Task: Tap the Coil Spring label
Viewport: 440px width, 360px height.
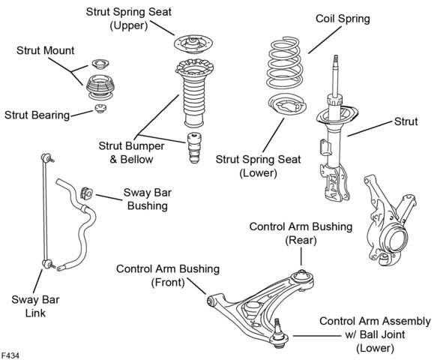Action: (x=343, y=19)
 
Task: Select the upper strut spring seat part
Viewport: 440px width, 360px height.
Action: (x=193, y=44)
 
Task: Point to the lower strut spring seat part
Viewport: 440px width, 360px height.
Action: (x=287, y=104)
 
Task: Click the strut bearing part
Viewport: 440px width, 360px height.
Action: (x=100, y=108)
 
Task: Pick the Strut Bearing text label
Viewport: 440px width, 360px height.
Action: (x=37, y=115)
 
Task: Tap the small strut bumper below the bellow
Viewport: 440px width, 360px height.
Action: (x=194, y=148)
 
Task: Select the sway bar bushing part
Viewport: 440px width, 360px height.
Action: (x=86, y=193)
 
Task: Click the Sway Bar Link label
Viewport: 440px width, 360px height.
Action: (x=35, y=306)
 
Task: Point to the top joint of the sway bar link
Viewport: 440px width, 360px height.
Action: (x=46, y=157)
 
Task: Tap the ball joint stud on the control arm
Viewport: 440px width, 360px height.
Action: (x=278, y=325)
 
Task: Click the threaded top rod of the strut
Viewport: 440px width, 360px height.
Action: (x=335, y=75)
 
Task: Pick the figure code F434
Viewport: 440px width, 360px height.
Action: (x=10, y=355)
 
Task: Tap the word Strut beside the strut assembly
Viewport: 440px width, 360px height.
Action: (x=406, y=121)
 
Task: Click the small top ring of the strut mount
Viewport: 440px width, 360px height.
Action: (x=100, y=64)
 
